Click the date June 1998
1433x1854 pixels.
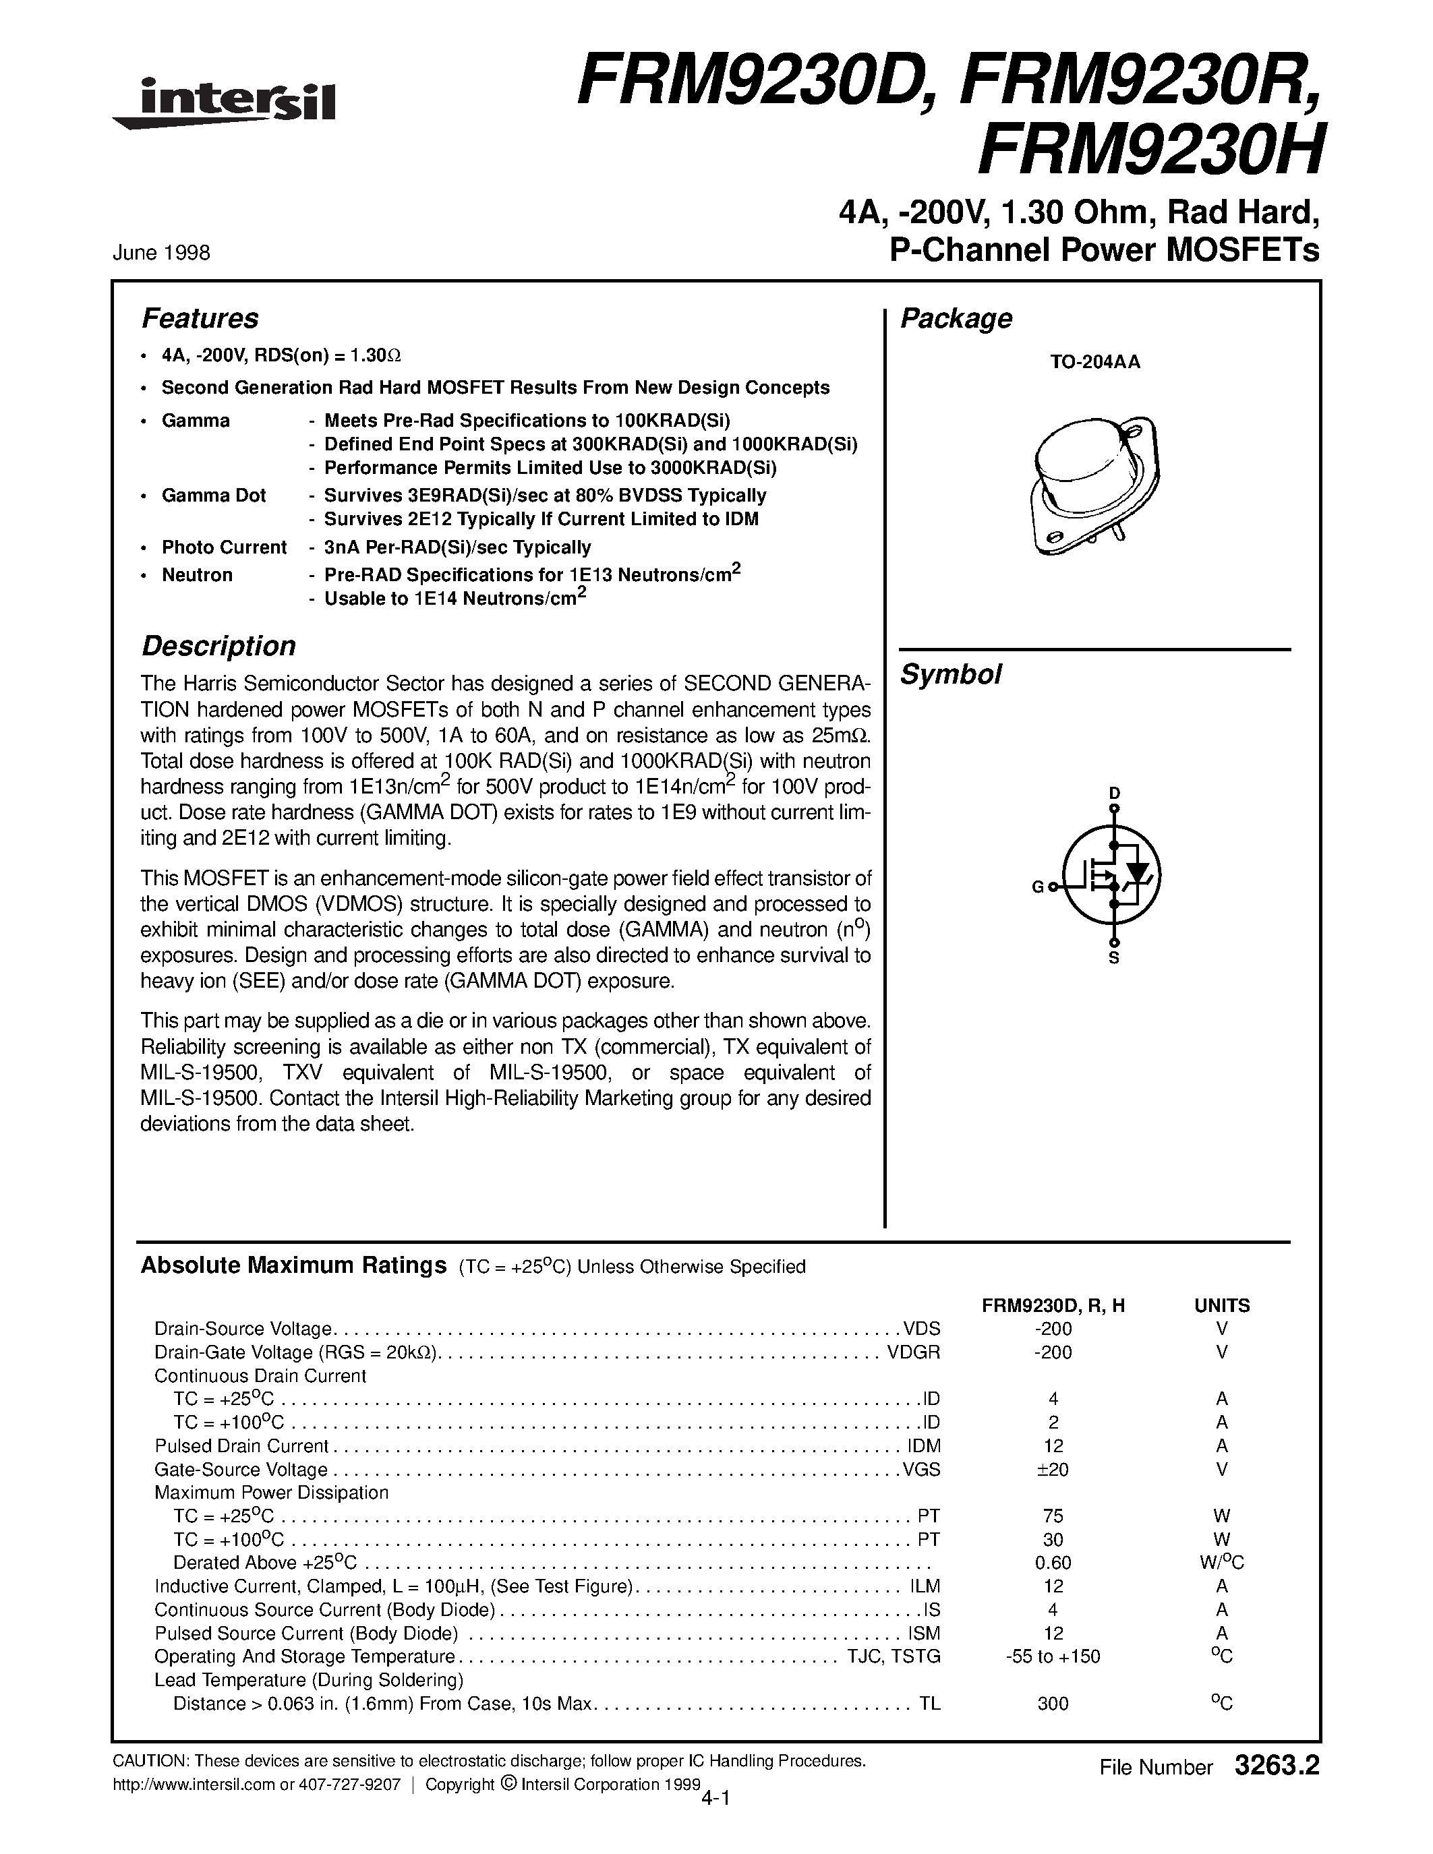point(161,253)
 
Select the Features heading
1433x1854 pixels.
point(200,318)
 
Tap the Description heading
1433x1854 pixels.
point(218,646)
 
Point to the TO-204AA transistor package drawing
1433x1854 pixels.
point(1095,485)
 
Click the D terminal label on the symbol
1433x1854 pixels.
point(1115,793)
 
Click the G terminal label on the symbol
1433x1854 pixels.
point(1037,887)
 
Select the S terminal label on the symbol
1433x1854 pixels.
point(1115,959)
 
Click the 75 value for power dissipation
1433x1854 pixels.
point(1053,1516)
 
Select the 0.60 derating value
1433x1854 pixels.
point(1053,1563)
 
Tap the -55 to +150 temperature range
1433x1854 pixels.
point(1053,1656)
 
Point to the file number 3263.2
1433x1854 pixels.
point(1278,1766)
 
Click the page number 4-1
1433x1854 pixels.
point(716,1796)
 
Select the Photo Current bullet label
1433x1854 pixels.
point(224,547)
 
